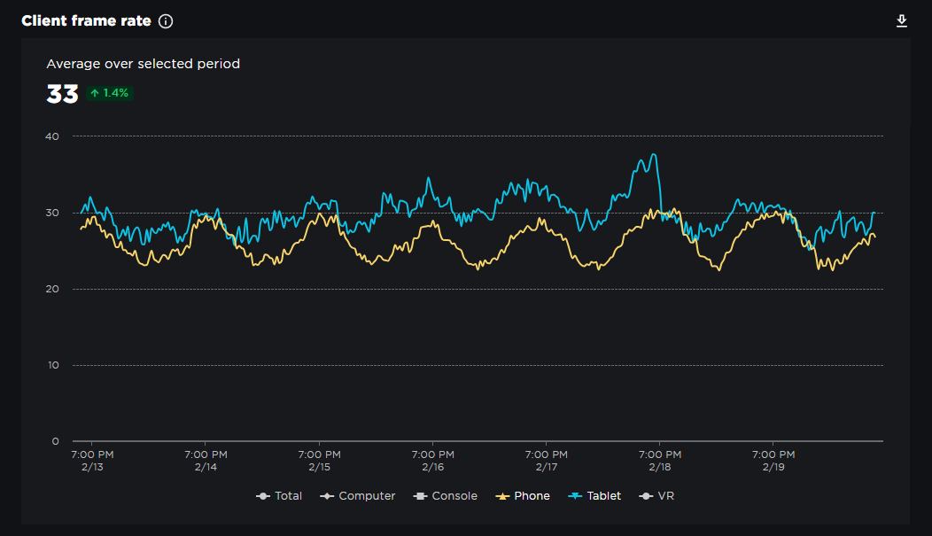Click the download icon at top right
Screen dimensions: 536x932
point(902,21)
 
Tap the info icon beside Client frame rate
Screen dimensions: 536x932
point(166,21)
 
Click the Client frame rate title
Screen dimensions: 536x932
point(86,21)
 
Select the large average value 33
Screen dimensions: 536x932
point(62,94)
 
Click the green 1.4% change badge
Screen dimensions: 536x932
point(110,93)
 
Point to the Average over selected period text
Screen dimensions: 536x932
point(143,64)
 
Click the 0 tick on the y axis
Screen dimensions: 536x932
point(55,441)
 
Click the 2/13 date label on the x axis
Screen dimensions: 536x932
point(92,467)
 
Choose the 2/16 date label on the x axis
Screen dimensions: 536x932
point(432,467)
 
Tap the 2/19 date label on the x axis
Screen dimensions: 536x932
point(773,467)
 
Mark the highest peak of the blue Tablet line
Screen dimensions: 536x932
point(654,154)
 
